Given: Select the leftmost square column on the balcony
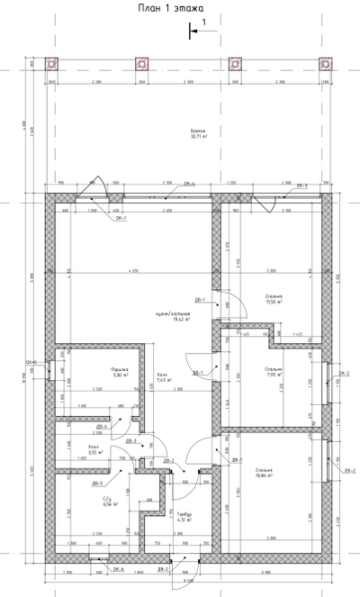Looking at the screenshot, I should [x=50, y=65].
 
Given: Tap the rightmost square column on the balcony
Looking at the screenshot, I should [x=325, y=65].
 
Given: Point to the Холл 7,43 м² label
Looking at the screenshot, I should [x=162, y=377].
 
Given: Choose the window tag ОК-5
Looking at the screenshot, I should [x=118, y=569].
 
